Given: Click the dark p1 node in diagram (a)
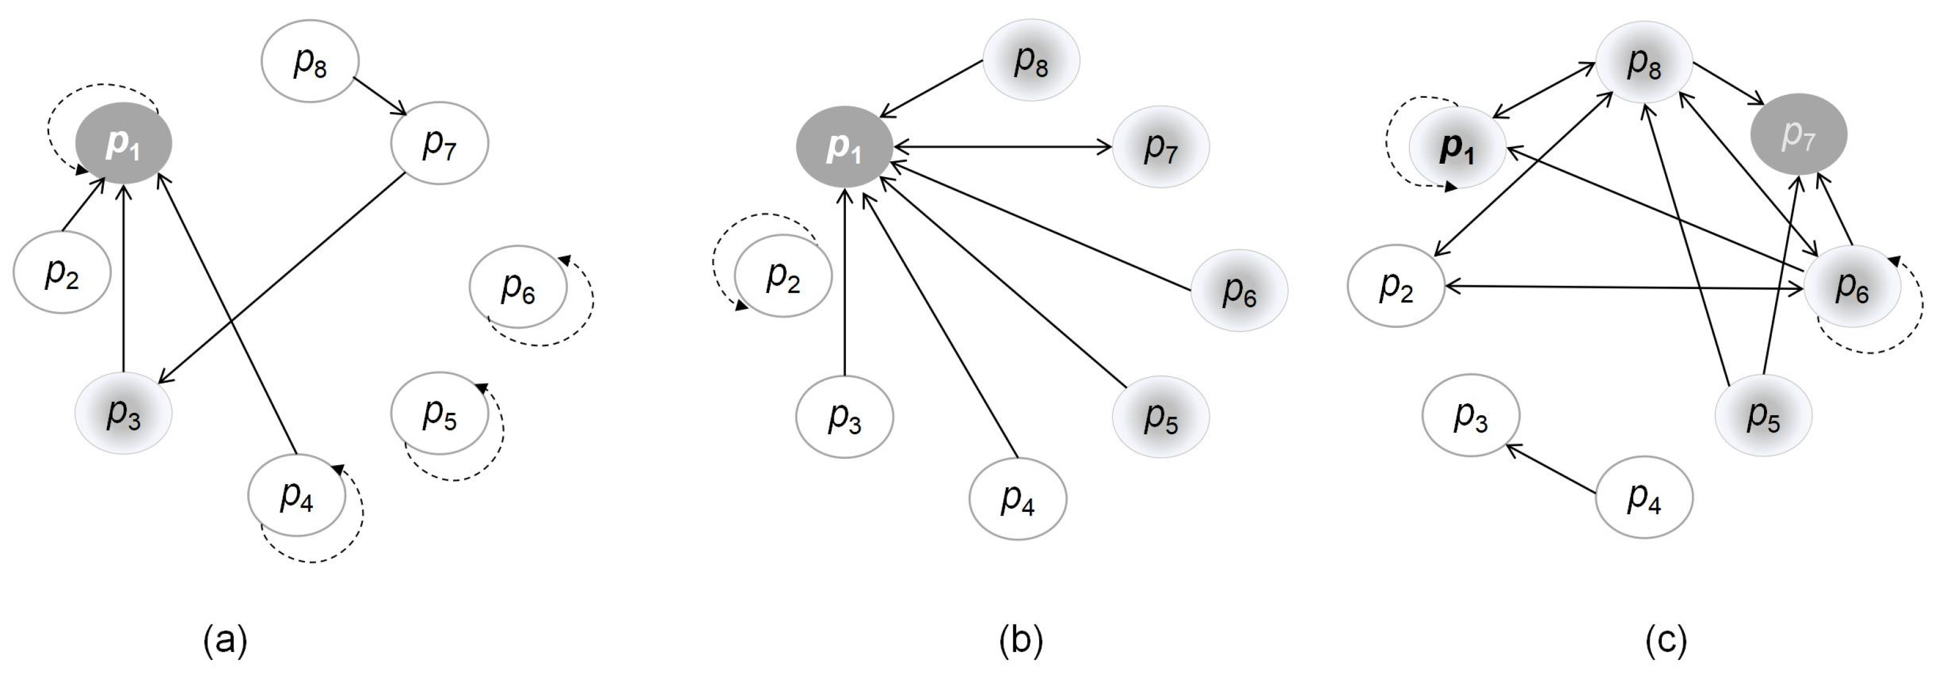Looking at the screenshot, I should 124,143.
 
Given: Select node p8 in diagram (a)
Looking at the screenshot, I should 310,61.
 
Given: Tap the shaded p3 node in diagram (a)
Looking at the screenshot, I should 124,413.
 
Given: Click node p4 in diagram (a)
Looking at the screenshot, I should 297,496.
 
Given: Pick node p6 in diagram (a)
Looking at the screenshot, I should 518,287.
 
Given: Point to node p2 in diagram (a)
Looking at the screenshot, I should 61,272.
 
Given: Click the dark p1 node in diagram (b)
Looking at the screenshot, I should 845,147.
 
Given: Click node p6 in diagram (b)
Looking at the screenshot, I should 1239,290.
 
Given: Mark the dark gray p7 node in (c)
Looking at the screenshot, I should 1798,134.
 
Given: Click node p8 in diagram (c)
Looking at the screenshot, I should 1644,61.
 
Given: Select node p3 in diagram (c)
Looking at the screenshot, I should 1470,415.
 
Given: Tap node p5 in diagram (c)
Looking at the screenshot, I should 1763,415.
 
